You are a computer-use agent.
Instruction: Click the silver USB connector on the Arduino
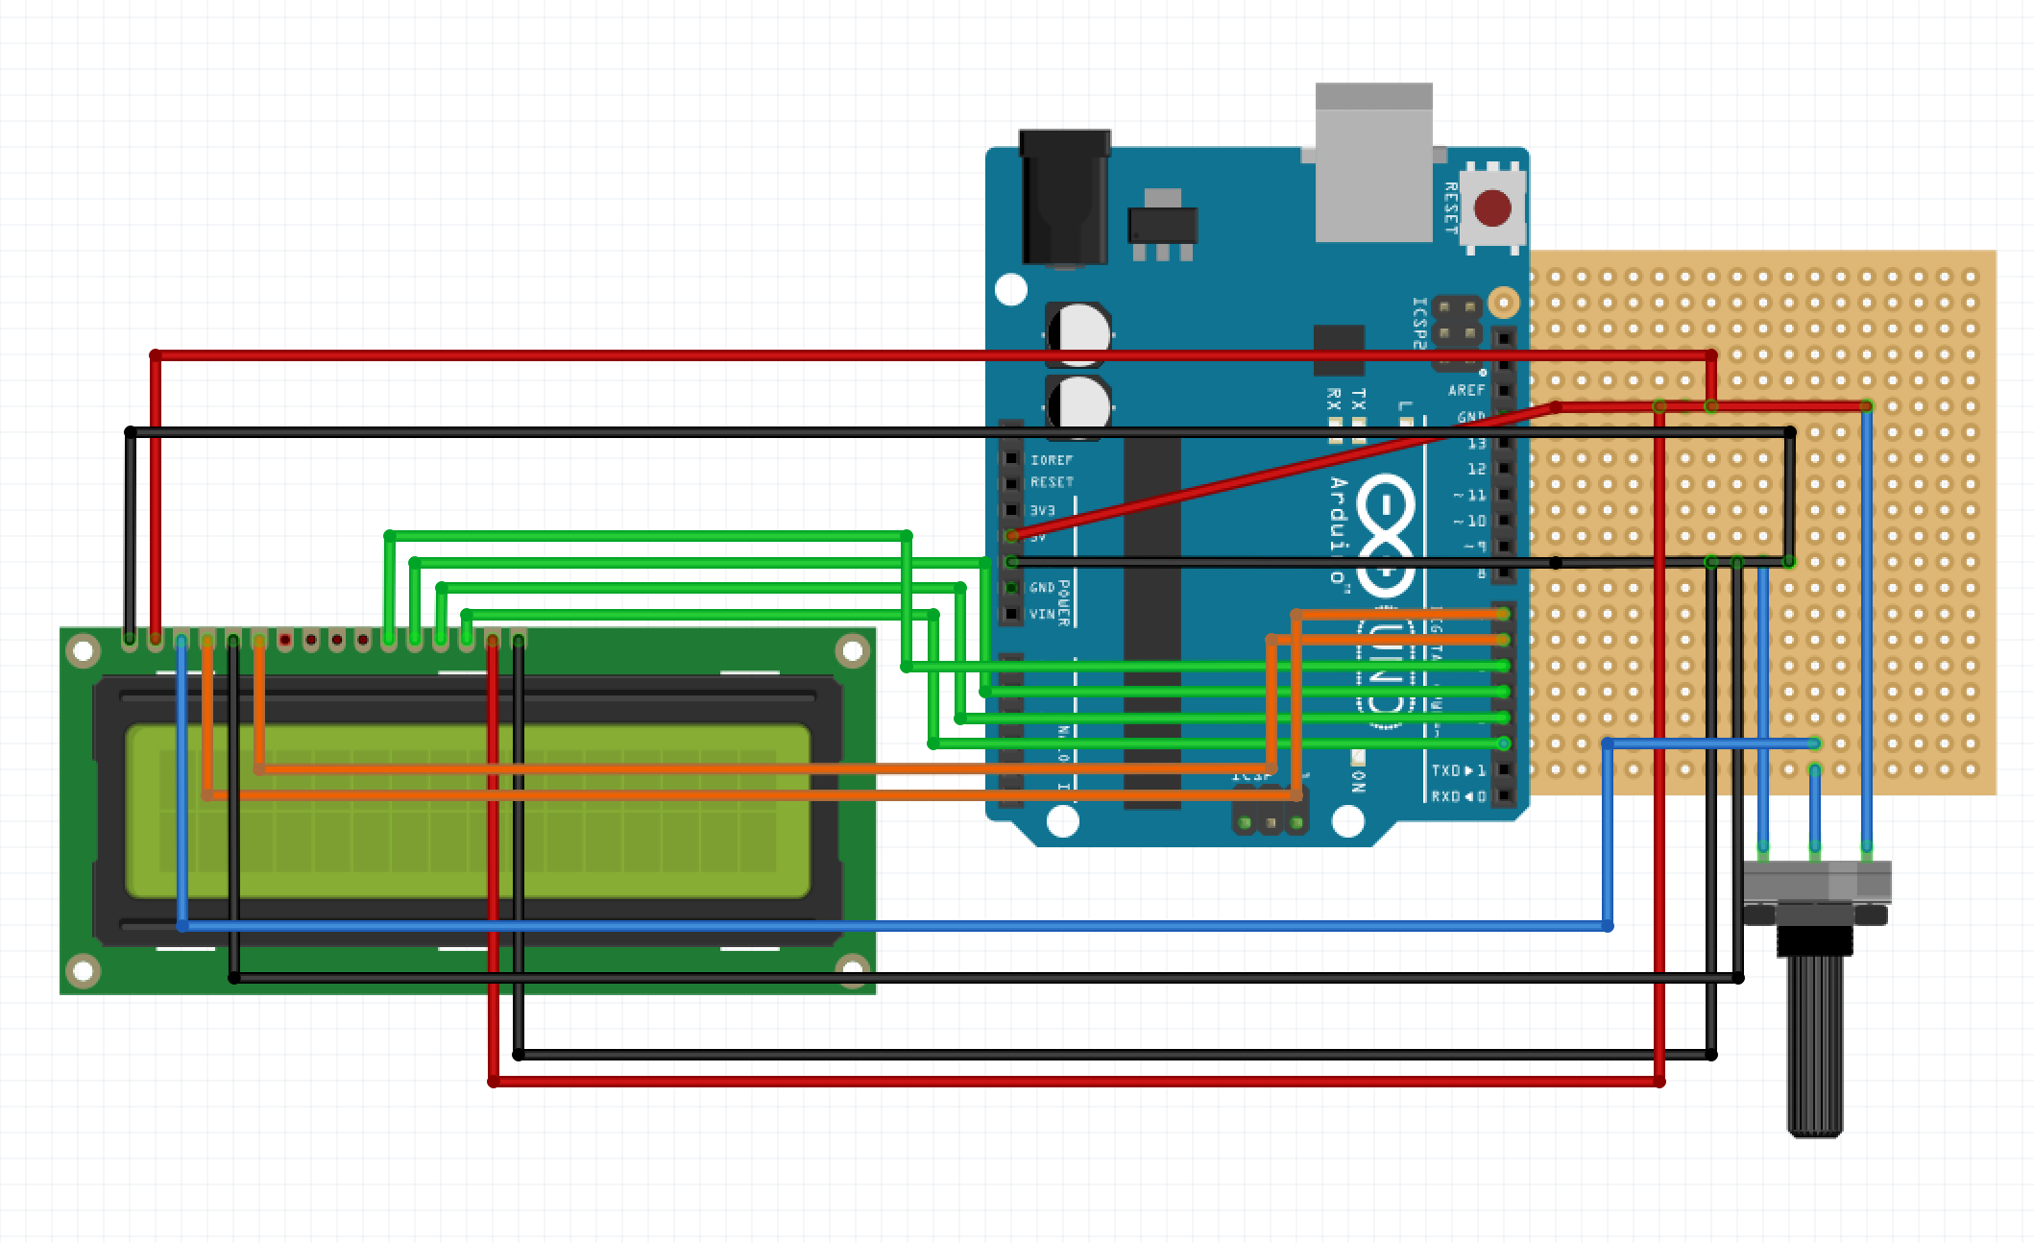coord(1374,163)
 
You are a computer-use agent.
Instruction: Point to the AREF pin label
coord(1465,390)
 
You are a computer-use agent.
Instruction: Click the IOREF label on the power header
coord(1051,460)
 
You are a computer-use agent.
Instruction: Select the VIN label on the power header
coord(1042,614)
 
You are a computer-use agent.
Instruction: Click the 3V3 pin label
coord(1042,510)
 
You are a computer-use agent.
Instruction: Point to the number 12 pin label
coord(1476,469)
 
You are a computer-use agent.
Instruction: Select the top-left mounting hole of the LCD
coord(84,652)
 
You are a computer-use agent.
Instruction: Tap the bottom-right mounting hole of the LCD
coord(853,969)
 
